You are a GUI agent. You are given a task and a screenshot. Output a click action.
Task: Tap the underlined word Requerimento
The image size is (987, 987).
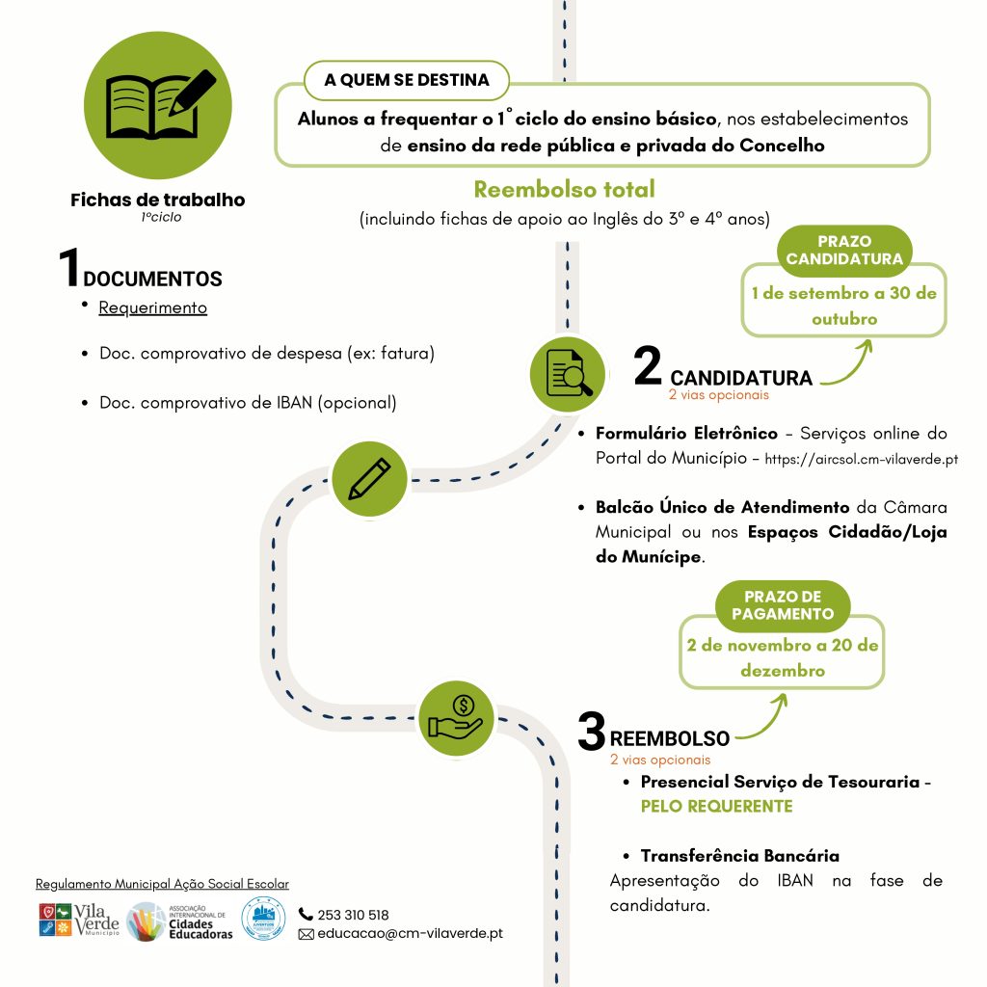pos(153,307)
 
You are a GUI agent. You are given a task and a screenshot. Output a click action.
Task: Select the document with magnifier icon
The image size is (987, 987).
pos(567,374)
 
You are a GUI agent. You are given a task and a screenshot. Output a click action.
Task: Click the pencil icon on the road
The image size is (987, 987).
pos(369,479)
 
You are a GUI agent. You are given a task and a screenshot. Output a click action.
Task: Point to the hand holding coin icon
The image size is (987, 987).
pos(456,718)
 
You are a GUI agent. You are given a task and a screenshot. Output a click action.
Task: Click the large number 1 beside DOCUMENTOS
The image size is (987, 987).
pos(69,267)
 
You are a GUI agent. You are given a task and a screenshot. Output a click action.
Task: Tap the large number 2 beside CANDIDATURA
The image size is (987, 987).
pos(648,365)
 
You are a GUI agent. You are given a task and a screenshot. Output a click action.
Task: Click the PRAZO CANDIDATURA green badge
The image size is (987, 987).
pos(844,250)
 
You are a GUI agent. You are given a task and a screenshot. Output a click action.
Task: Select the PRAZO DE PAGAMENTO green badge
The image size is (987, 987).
pos(783,605)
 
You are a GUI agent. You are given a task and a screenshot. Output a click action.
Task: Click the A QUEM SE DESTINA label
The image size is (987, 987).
pos(407,80)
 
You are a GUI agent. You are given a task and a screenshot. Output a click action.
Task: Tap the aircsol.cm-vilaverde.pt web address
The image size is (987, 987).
pos(861,459)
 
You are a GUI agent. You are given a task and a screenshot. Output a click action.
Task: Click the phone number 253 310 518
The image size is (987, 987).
pos(353,915)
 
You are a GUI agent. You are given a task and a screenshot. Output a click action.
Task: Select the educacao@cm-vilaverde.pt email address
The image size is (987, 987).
pos(410,933)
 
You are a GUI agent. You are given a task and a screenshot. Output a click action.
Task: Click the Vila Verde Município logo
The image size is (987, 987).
pos(79,920)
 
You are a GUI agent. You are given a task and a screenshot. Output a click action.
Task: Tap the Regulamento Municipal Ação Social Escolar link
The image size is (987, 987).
pos(162,884)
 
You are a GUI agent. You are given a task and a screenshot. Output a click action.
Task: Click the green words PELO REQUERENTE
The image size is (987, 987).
pos(716,807)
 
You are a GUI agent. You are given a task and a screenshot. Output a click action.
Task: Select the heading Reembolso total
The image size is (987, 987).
pos(564,189)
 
